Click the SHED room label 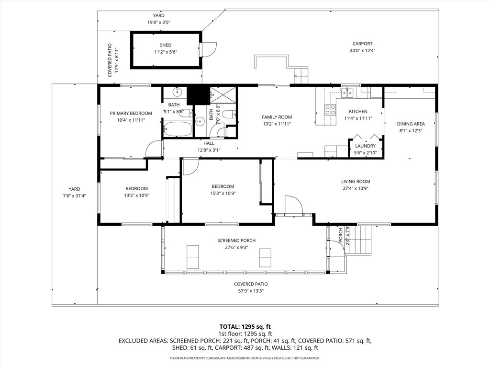(166, 45)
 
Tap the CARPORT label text (362, 44)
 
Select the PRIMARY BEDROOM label (131, 114)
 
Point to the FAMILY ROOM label (277, 117)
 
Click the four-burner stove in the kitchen (330, 110)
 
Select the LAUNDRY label (365, 146)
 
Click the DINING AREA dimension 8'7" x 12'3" (411, 130)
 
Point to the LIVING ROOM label (356, 182)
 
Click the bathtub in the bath (178, 128)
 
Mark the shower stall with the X (223, 95)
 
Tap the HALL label (209, 143)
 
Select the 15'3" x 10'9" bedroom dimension (223, 194)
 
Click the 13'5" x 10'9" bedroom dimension (137, 195)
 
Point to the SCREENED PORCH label (236, 241)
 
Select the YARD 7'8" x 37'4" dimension (75, 195)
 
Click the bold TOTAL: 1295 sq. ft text (245, 326)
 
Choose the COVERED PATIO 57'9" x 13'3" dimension (251, 291)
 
